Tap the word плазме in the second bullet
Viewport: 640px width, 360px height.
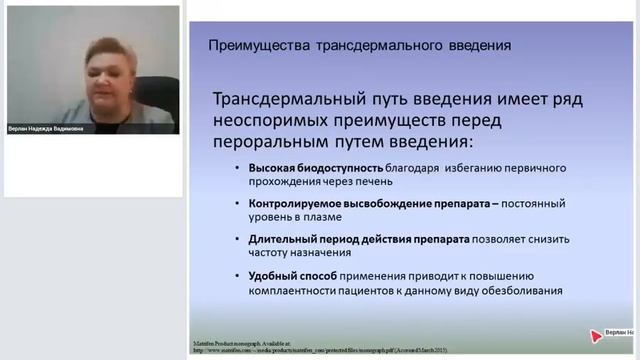tap(321, 217)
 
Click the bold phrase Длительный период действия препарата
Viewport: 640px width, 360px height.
tap(341, 239)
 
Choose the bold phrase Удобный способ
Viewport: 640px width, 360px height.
tap(281, 275)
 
